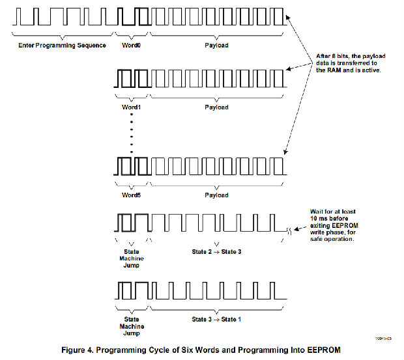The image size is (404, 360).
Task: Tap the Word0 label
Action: pyautogui.click(x=132, y=46)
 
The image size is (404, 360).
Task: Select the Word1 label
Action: pyautogui.click(x=132, y=107)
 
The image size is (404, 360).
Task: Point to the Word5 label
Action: pyautogui.click(x=132, y=195)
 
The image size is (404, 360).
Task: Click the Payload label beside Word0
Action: pyautogui.click(x=217, y=46)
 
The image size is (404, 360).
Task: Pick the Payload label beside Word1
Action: pyautogui.click(x=217, y=107)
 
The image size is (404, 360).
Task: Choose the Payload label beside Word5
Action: pyautogui.click(x=217, y=195)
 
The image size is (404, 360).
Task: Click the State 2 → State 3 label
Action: pyautogui.click(x=217, y=251)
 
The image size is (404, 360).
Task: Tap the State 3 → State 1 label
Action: pyautogui.click(x=217, y=319)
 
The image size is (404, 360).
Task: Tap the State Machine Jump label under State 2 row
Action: pyautogui.click(x=132, y=258)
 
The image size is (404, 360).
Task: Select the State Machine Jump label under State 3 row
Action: pyautogui.click(x=132, y=325)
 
